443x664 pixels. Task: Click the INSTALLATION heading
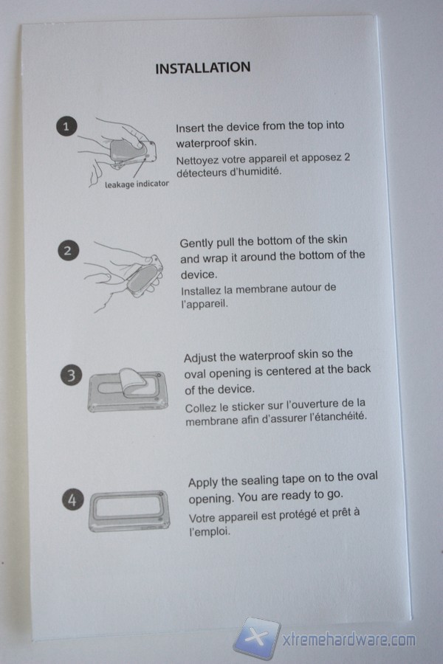202,68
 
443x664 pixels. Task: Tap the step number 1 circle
66,126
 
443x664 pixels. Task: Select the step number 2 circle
68,251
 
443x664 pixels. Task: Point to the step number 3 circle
71,376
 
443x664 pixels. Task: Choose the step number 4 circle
73,499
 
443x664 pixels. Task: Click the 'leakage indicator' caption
137,184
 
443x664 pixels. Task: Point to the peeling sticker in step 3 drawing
133,382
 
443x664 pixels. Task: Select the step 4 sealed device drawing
129,511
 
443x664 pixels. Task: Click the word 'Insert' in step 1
190,128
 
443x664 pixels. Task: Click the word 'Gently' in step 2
196,243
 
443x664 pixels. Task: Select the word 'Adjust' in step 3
199,359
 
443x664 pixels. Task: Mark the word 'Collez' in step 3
199,408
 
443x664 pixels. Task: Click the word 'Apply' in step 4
202,483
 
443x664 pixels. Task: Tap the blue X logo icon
256,637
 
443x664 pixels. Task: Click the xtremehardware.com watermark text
349,640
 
